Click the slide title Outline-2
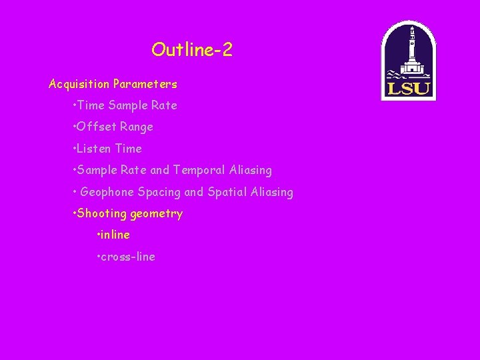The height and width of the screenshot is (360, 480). click(192, 50)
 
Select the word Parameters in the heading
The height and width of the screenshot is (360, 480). click(145, 85)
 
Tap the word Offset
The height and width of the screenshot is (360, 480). click(97, 127)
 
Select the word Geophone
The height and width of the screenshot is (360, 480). click(107, 193)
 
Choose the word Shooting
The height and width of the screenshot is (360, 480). click(102, 214)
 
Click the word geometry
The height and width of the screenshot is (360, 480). click(157, 214)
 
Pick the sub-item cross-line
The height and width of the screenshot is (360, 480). click(129, 257)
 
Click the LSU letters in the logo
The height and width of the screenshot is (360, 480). click(408, 87)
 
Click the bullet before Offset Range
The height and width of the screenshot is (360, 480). click(74, 127)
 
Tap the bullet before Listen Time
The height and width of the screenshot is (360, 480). click(74, 149)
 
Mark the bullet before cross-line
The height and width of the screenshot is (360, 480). click(99, 257)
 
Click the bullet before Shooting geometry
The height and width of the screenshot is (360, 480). click(74, 214)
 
